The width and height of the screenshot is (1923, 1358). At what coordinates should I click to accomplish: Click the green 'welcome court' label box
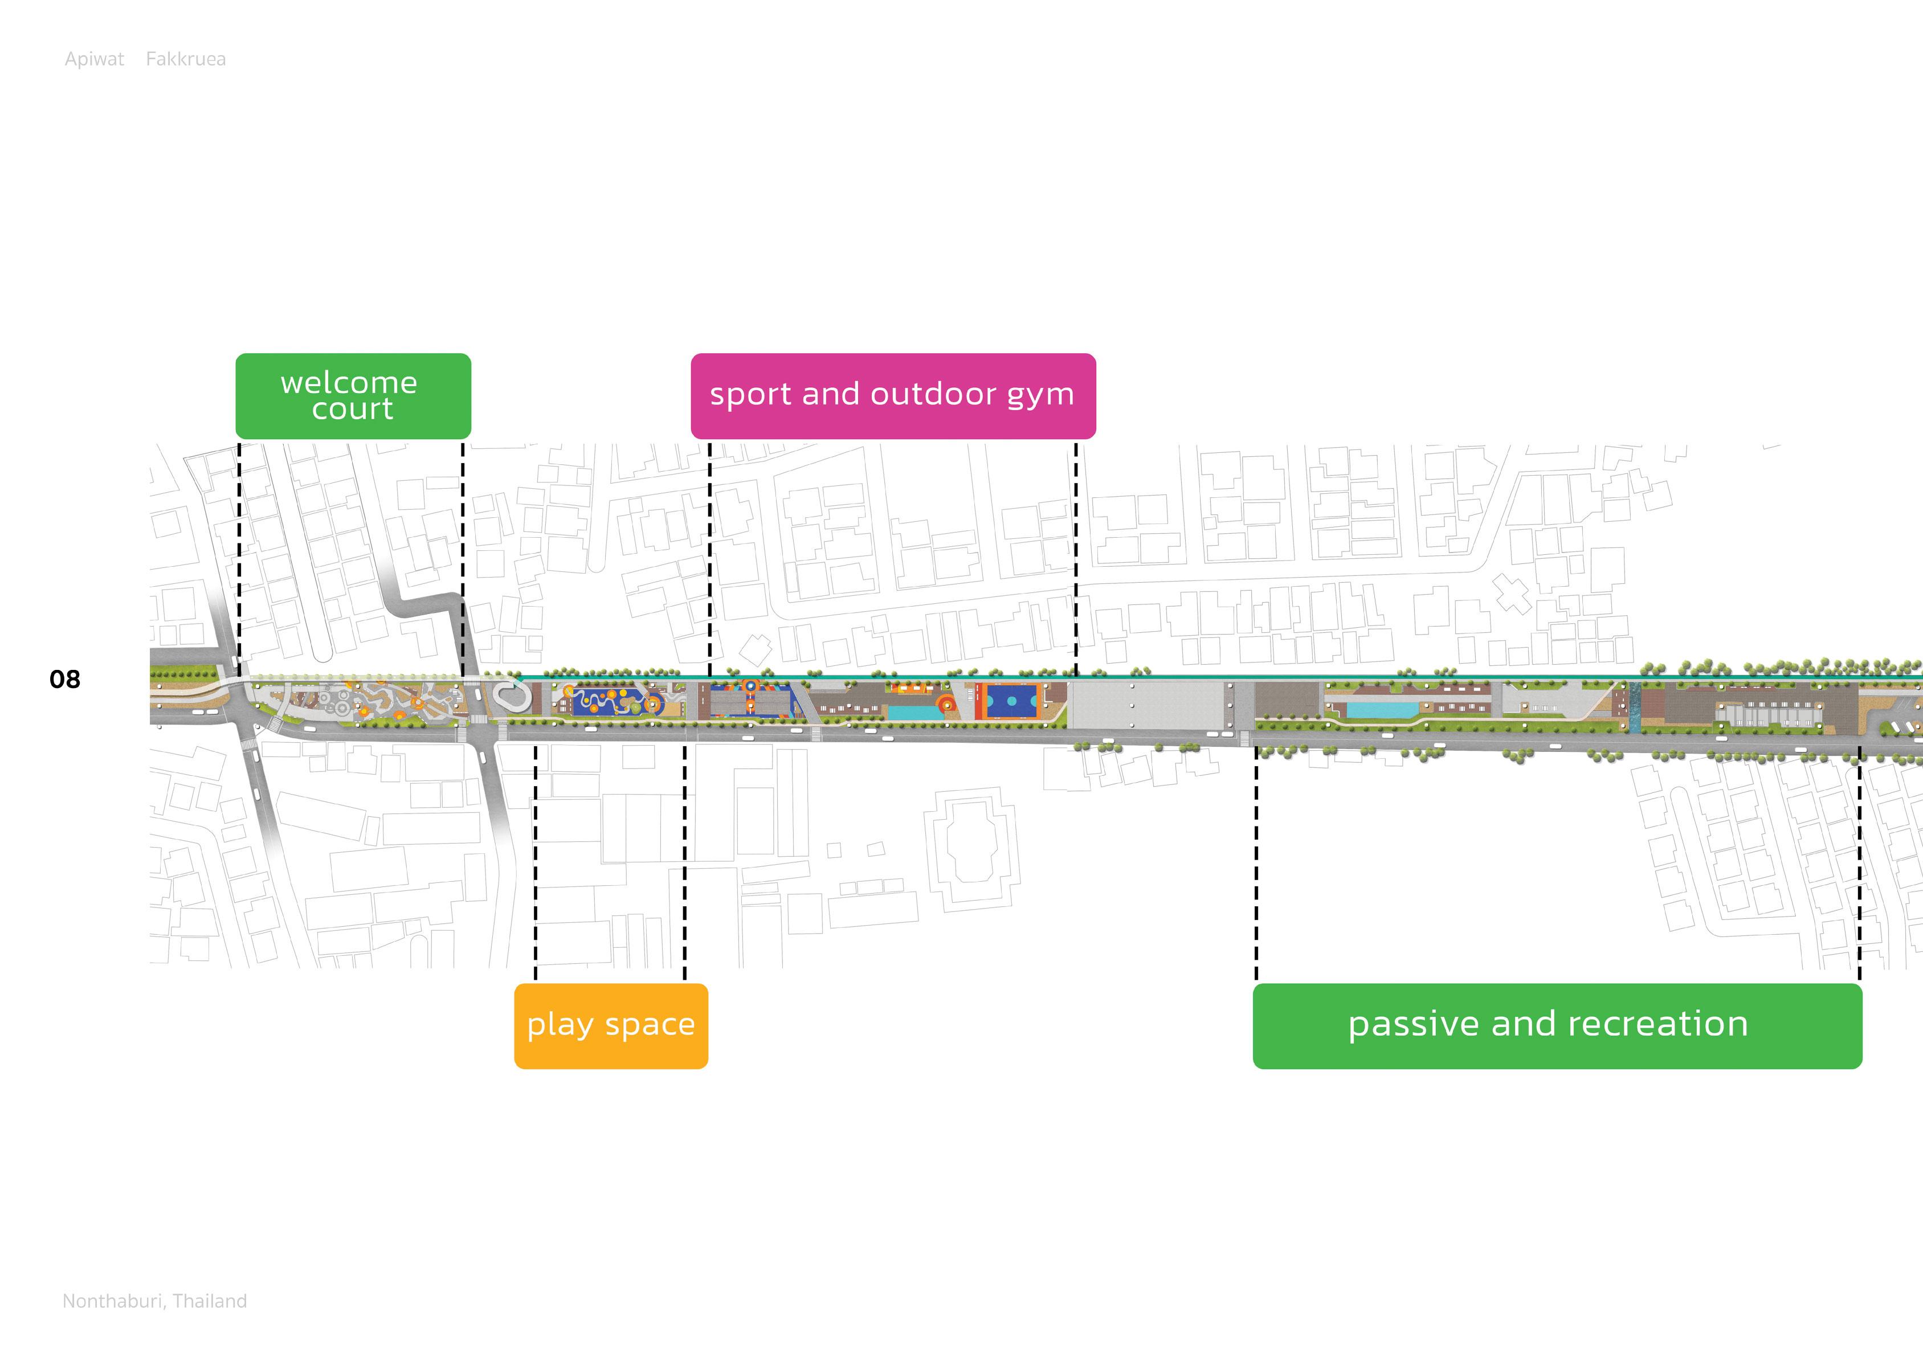[x=353, y=396]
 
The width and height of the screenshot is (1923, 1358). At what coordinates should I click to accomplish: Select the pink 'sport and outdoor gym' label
[x=893, y=396]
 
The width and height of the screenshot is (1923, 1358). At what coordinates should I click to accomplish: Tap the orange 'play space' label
[x=611, y=1025]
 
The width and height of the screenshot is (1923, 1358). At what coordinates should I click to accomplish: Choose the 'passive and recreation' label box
[x=1557, y=1025]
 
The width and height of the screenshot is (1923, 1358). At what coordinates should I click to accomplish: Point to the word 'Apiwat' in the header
[x=94, y=59]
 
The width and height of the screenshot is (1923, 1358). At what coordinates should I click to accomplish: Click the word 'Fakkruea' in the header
[x=185, y=59]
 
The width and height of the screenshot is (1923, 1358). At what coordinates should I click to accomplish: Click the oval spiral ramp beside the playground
[x=510, y=695]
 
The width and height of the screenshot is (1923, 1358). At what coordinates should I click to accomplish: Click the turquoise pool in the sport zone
[x=913, y=713]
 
